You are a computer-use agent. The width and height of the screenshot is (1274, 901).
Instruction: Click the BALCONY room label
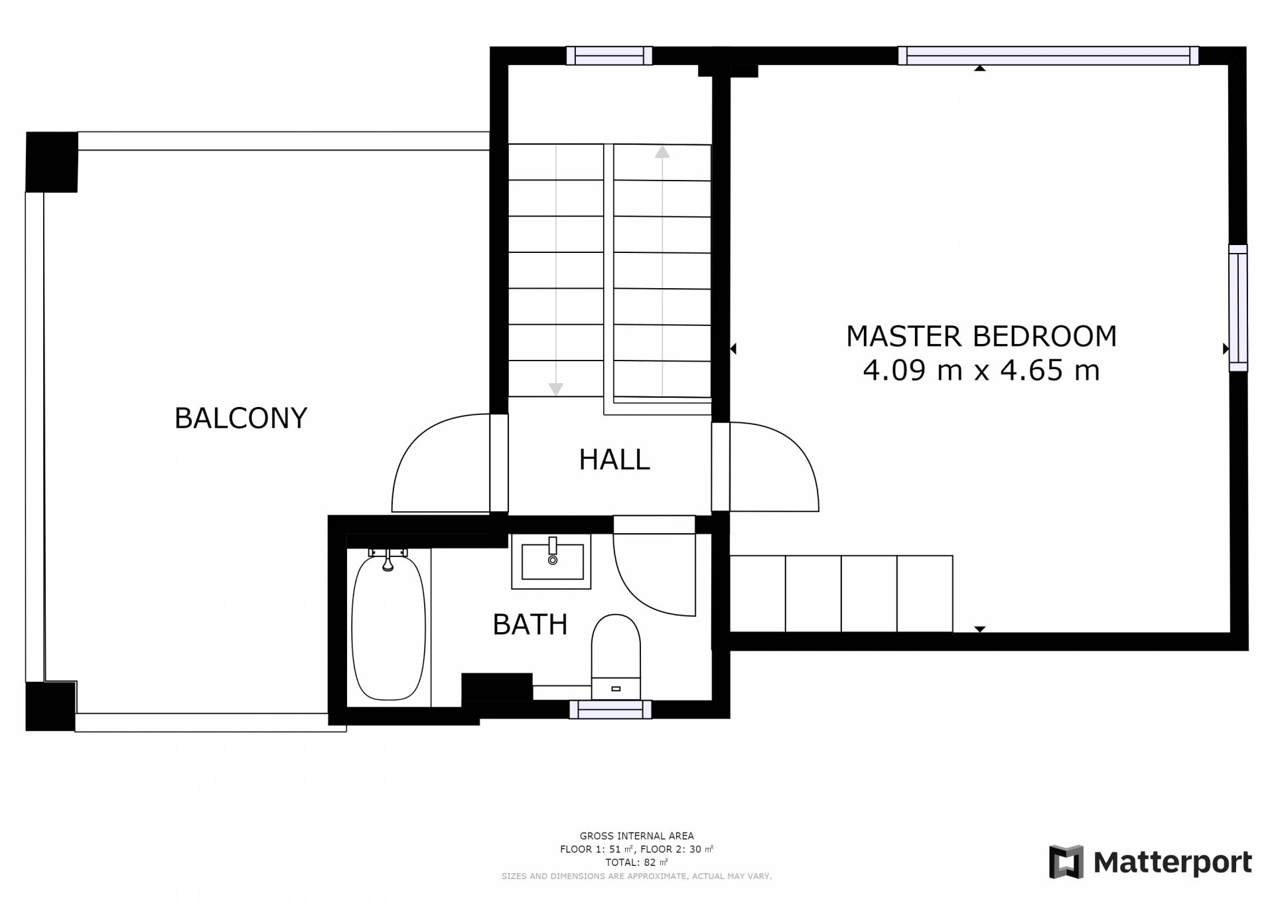point(241,418)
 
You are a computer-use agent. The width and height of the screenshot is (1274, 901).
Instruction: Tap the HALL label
point(614,459)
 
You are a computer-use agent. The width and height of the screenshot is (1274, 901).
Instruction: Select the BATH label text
point(530,624)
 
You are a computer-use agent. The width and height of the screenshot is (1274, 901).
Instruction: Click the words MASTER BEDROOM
point(981,337)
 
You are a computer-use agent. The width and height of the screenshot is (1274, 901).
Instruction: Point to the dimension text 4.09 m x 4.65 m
point(981,370)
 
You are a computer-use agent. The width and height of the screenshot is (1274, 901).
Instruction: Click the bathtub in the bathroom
point(388,627)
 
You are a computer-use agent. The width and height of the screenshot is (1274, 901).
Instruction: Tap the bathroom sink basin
point(552,562)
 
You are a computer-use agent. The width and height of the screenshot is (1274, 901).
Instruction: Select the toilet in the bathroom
point(616,657)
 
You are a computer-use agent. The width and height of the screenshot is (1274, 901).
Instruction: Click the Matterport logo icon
point(1066,862)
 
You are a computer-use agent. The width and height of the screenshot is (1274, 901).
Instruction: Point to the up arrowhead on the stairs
point(662,152)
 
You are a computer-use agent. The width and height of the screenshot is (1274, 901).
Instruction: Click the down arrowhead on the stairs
point(556,390)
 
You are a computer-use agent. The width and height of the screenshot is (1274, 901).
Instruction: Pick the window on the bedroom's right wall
point(1238,308)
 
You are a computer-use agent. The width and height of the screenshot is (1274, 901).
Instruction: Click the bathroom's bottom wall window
point(610,710)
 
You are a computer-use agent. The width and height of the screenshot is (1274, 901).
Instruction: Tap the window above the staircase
point(609,56)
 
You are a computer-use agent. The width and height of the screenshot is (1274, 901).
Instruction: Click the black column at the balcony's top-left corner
point(52,162)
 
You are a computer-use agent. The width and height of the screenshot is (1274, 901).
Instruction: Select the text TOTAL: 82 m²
point(636,862)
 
